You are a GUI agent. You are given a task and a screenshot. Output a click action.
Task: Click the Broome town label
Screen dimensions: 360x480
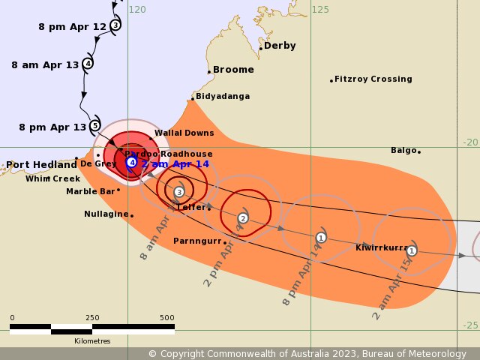coord(233,70)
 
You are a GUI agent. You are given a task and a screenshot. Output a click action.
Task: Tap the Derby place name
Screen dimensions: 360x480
coord(280,46)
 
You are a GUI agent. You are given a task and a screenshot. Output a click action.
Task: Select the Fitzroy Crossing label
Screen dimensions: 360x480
coord(373,79)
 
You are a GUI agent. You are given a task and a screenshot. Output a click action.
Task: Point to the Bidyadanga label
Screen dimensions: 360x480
coord(223,96)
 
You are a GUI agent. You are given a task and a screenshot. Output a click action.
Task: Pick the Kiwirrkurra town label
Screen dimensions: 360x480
coord(382,247)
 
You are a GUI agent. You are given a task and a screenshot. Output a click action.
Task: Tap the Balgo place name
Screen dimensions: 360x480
coord(403,150)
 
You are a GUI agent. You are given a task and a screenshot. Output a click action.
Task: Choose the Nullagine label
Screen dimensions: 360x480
coord(106,214)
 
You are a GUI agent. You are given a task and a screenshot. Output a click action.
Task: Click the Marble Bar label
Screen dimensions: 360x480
coord(90,191)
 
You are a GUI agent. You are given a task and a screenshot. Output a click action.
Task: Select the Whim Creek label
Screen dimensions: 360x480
coord(52,178)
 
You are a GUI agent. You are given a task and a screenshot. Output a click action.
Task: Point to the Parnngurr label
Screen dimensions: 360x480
coord(198,241)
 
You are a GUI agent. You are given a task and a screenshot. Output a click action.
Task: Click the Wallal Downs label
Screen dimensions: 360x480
coord(184,133)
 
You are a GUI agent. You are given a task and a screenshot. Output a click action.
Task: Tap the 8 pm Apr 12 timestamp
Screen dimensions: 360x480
coord(73,26)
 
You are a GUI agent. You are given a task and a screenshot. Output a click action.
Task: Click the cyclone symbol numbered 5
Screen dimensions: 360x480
coord(94,125)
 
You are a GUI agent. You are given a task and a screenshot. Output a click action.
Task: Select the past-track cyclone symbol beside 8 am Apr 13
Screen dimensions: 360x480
coord(88,63)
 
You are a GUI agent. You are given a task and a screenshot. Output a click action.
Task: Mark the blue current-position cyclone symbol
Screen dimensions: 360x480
coord(131,161)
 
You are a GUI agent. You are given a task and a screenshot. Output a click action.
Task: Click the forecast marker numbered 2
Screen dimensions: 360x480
coord(243,218)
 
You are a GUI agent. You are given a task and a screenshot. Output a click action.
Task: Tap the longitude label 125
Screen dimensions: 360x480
coord(320,9)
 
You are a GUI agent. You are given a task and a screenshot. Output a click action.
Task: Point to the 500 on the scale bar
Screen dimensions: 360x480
coord(166,318)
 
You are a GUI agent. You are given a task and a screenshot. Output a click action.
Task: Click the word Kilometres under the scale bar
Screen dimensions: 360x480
coord(92,340)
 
